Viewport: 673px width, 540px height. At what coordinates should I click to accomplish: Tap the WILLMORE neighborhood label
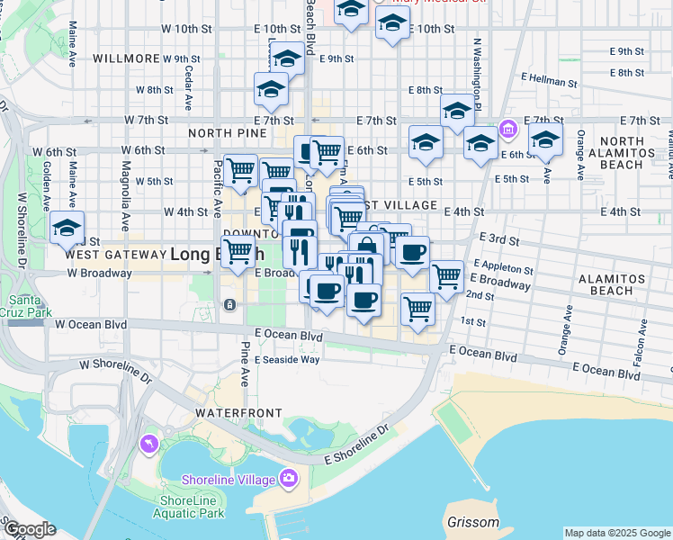click(125, 58)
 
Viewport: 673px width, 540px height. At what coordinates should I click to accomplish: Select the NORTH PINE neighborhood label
click(228, 133)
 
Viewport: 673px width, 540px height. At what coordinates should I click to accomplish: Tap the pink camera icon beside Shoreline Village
click(289, 478)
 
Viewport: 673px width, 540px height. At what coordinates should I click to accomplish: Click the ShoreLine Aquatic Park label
click(191, 507)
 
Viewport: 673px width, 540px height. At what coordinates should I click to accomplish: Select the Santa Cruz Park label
click(25, 307)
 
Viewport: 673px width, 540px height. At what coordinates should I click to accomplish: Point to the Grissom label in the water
click(473, 522)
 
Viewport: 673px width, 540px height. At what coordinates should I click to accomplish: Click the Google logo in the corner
click(29, 529)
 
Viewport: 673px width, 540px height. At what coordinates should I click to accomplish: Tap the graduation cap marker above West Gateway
click(67, 229)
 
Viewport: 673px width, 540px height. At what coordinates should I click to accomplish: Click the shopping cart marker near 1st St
click(417, 310)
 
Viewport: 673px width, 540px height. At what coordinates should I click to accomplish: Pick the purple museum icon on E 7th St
click(508, 130)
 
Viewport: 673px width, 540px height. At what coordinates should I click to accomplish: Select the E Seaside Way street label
click(286, 359)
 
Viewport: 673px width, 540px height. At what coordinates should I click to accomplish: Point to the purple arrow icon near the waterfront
click(148, 444)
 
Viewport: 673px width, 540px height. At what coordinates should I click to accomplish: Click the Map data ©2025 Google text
click(617, 533)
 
